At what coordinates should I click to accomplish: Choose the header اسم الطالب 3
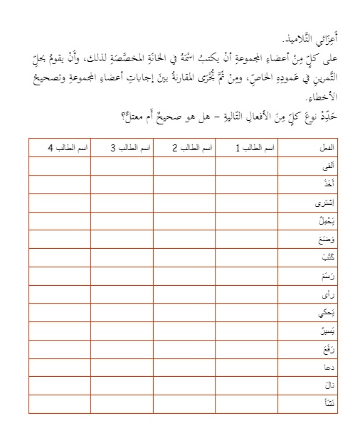pos(131,147)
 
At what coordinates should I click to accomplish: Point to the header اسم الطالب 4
pos(68,147)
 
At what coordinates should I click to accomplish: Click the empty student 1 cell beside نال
pos(247,386)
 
